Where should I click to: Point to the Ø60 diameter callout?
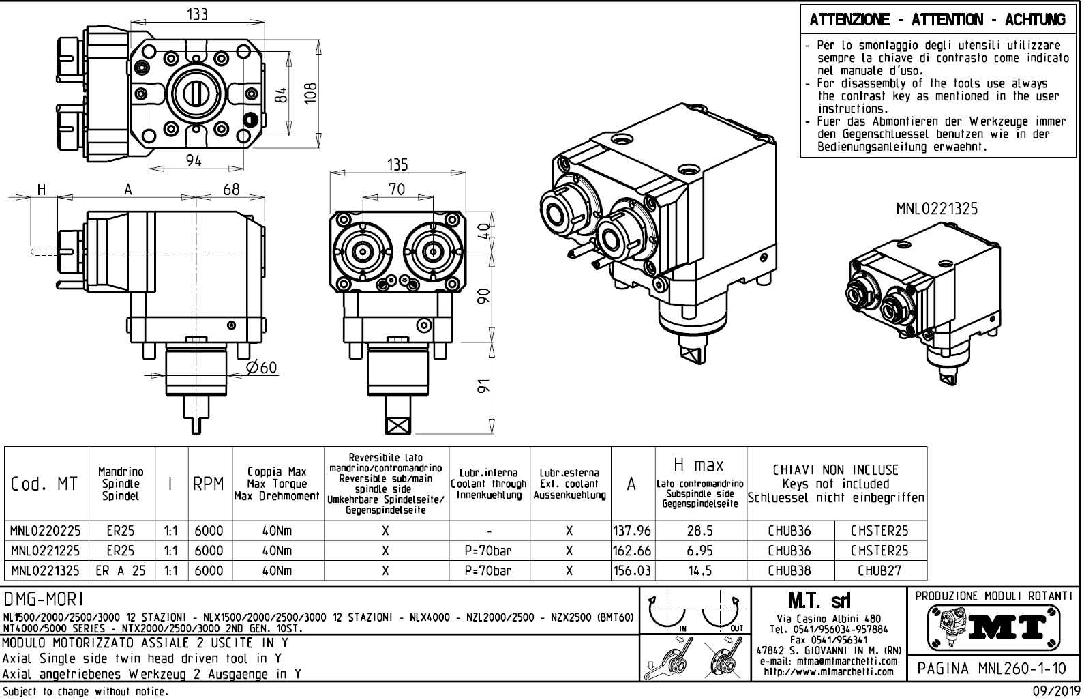(x=262, y=368)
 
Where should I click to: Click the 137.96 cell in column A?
(x=633, y=530)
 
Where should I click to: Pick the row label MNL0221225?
(x=46, y=550)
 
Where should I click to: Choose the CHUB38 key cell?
(x=789, y=570)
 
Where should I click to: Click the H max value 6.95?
(x=700, y=550)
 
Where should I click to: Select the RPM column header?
(x=209, y=484)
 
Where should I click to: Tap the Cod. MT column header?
(x=45, y=484)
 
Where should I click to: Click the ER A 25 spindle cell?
(x=121, y=570)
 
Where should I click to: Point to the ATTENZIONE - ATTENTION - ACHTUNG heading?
(x=937, y=20)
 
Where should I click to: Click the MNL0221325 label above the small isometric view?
(x=936, y=209)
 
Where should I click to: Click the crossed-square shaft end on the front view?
(x=397, y=424)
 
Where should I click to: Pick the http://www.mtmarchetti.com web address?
(x=829, y=671)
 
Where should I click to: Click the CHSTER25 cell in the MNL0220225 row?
(x=879, y=530)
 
